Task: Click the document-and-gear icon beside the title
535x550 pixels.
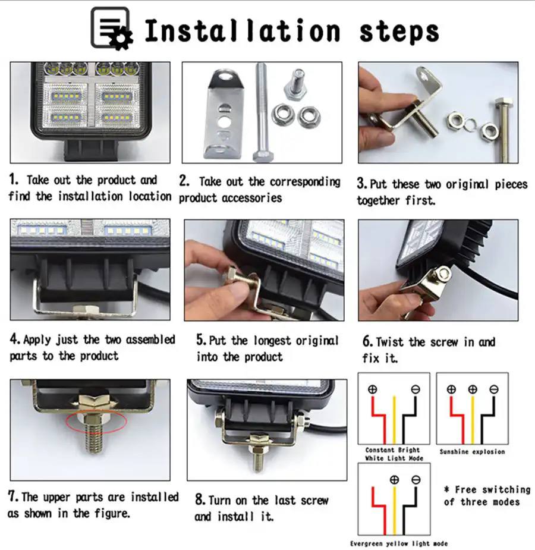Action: pos(112,29)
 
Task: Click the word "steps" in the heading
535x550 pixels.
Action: pos(399,32)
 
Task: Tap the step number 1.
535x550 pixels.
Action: pos(13,180)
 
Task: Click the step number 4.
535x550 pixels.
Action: pos(15,339)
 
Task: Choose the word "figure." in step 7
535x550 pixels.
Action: pos(112,514)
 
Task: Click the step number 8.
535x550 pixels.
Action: pos(200,499)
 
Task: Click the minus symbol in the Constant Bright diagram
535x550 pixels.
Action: pos(416,389)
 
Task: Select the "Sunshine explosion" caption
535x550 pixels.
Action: pos(472,452)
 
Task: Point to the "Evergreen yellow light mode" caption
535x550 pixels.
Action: pos(399,543)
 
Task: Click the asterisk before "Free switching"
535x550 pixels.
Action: pos(446,489)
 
